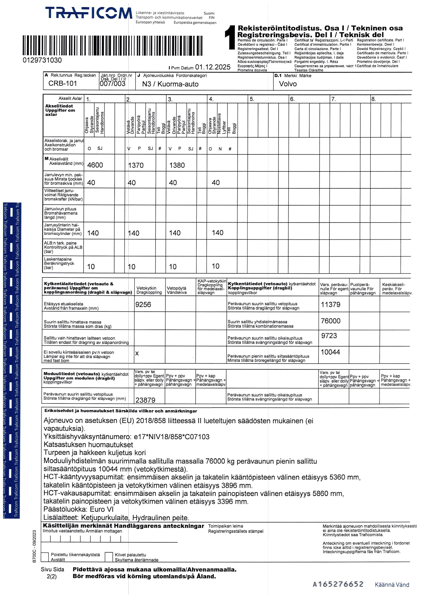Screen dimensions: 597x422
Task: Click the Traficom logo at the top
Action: coord(89,13)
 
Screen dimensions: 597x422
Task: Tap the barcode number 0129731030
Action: coord(42,60)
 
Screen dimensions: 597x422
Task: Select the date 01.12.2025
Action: coord(213,67)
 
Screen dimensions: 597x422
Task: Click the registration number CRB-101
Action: coord(63,83)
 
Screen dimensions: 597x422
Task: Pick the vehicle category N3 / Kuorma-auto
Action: coord(170,84)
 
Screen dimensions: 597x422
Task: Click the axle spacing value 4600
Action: coord(95,165)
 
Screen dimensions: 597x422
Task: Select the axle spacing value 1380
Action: coord(177,165)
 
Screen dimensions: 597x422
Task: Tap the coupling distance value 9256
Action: coord(143,305)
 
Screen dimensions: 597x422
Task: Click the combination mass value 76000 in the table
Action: coord(330,321)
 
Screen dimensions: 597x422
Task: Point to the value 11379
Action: coord(330,305)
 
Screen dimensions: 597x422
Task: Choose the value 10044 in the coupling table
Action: coord(330,352)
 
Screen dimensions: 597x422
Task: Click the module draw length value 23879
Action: coord(145,400)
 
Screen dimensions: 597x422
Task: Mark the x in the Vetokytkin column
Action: coord(137,353)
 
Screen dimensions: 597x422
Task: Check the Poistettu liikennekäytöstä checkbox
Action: coord(45,557)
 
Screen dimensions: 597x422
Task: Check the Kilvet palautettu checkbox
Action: coord(109,557)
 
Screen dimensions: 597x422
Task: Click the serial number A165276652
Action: coord(338,584)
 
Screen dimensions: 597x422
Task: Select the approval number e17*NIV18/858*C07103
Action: coord(172,437)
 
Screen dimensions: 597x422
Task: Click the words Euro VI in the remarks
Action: coord(102,509)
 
